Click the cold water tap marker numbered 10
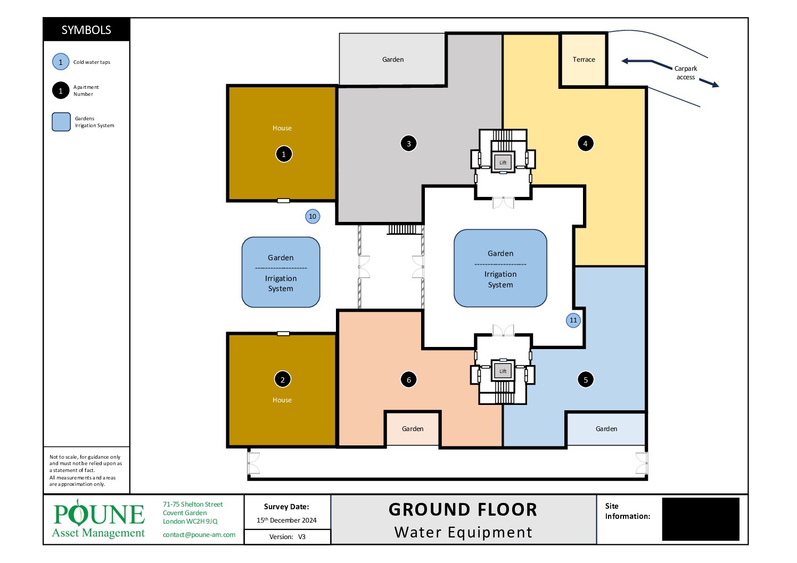313,216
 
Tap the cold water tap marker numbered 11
573,320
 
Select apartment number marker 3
408,143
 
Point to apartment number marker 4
585,143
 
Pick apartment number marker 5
585,379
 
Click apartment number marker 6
408,379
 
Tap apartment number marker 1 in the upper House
284,154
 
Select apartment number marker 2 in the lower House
283,379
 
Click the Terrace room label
584,60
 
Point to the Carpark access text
686,72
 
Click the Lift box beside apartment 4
503,162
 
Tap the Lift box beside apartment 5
503,371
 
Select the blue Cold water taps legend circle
61,62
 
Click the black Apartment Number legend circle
61,90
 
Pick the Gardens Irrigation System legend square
61,122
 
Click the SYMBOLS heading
86,30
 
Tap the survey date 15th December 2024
286,520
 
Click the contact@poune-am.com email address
199,535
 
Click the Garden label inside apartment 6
413,428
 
